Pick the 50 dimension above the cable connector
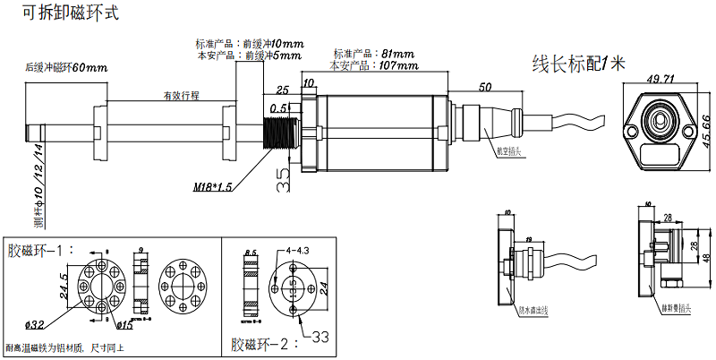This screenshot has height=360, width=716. (x=485, y=88)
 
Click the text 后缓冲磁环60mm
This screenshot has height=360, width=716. (x=66, y=68)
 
